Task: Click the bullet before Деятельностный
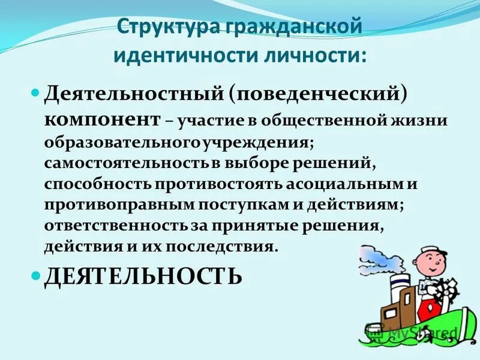click(x=35, y=94)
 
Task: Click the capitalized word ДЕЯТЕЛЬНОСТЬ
click(x=143, y=276)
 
